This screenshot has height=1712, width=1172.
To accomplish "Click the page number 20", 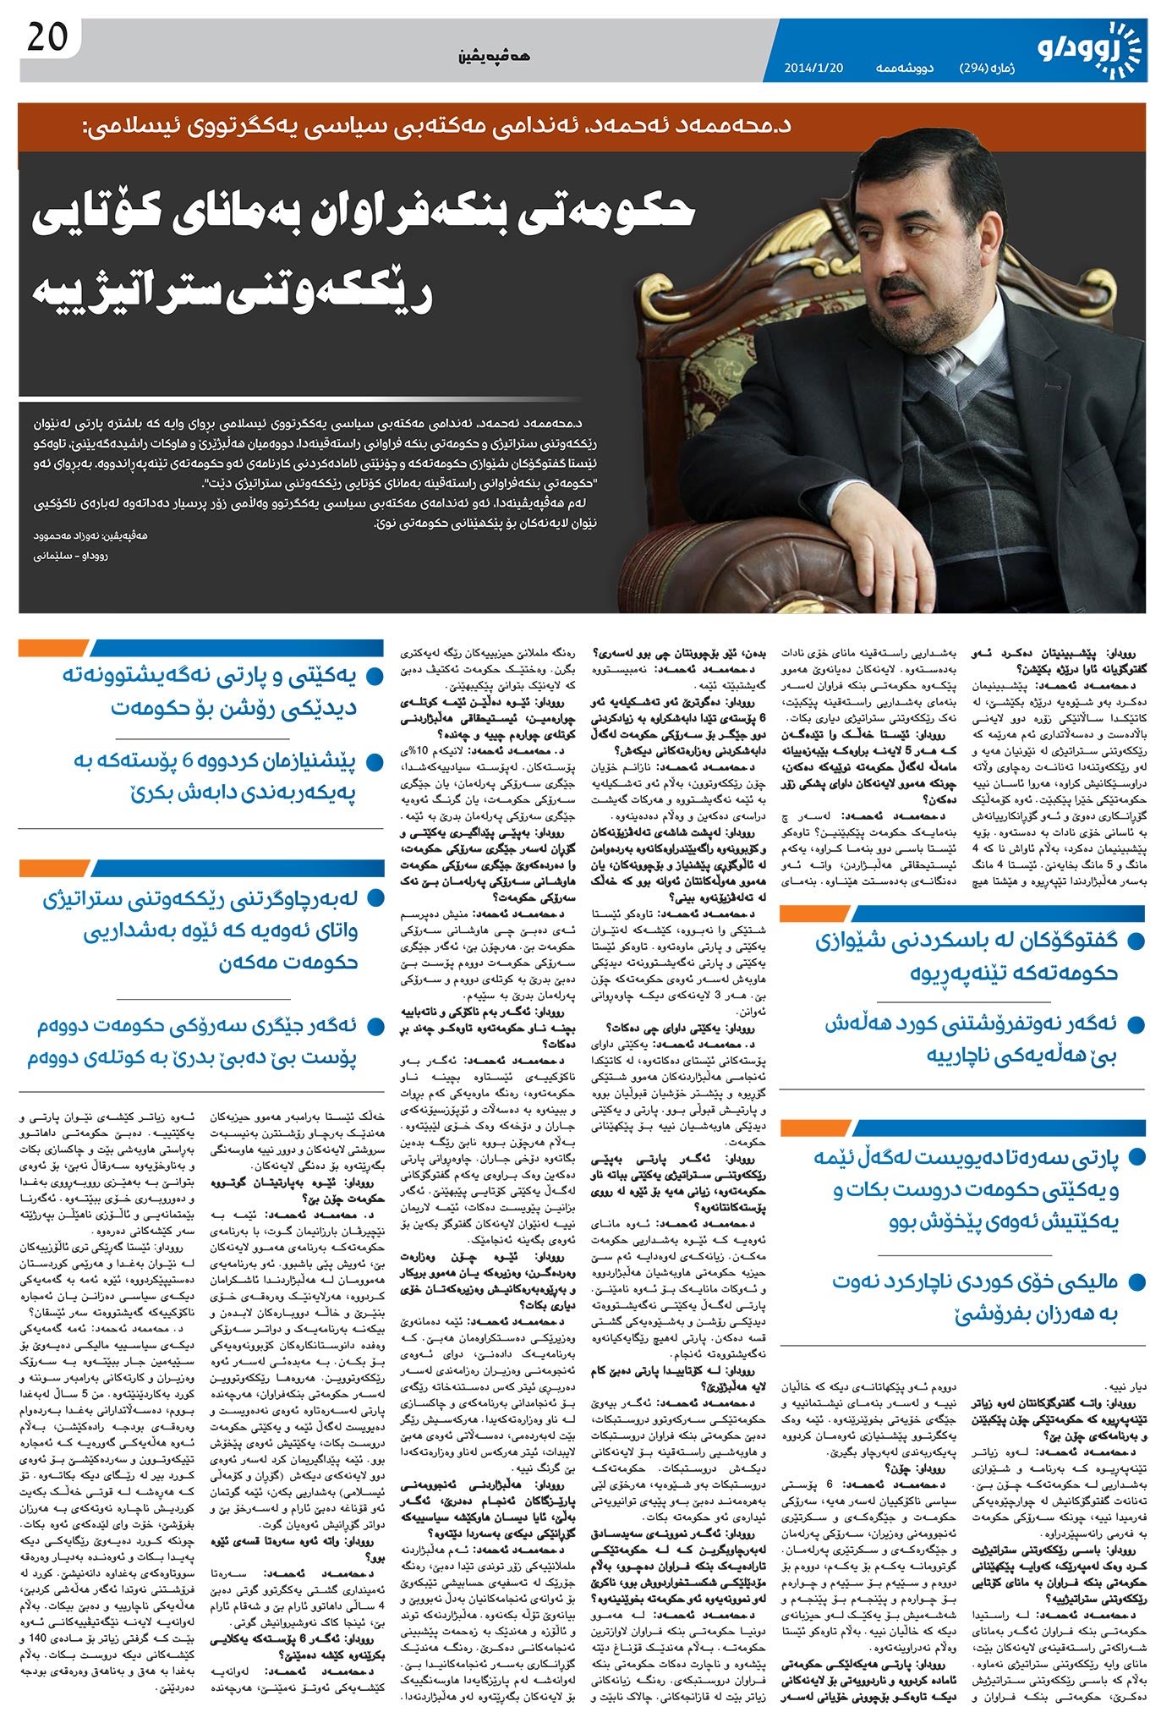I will click(47, 39).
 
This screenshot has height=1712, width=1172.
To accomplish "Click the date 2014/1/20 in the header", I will click(813, 69).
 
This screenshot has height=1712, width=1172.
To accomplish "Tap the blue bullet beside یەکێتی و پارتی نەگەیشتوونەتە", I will click(373, 676).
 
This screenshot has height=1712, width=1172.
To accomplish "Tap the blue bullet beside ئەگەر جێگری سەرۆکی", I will click(373, 1026).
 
